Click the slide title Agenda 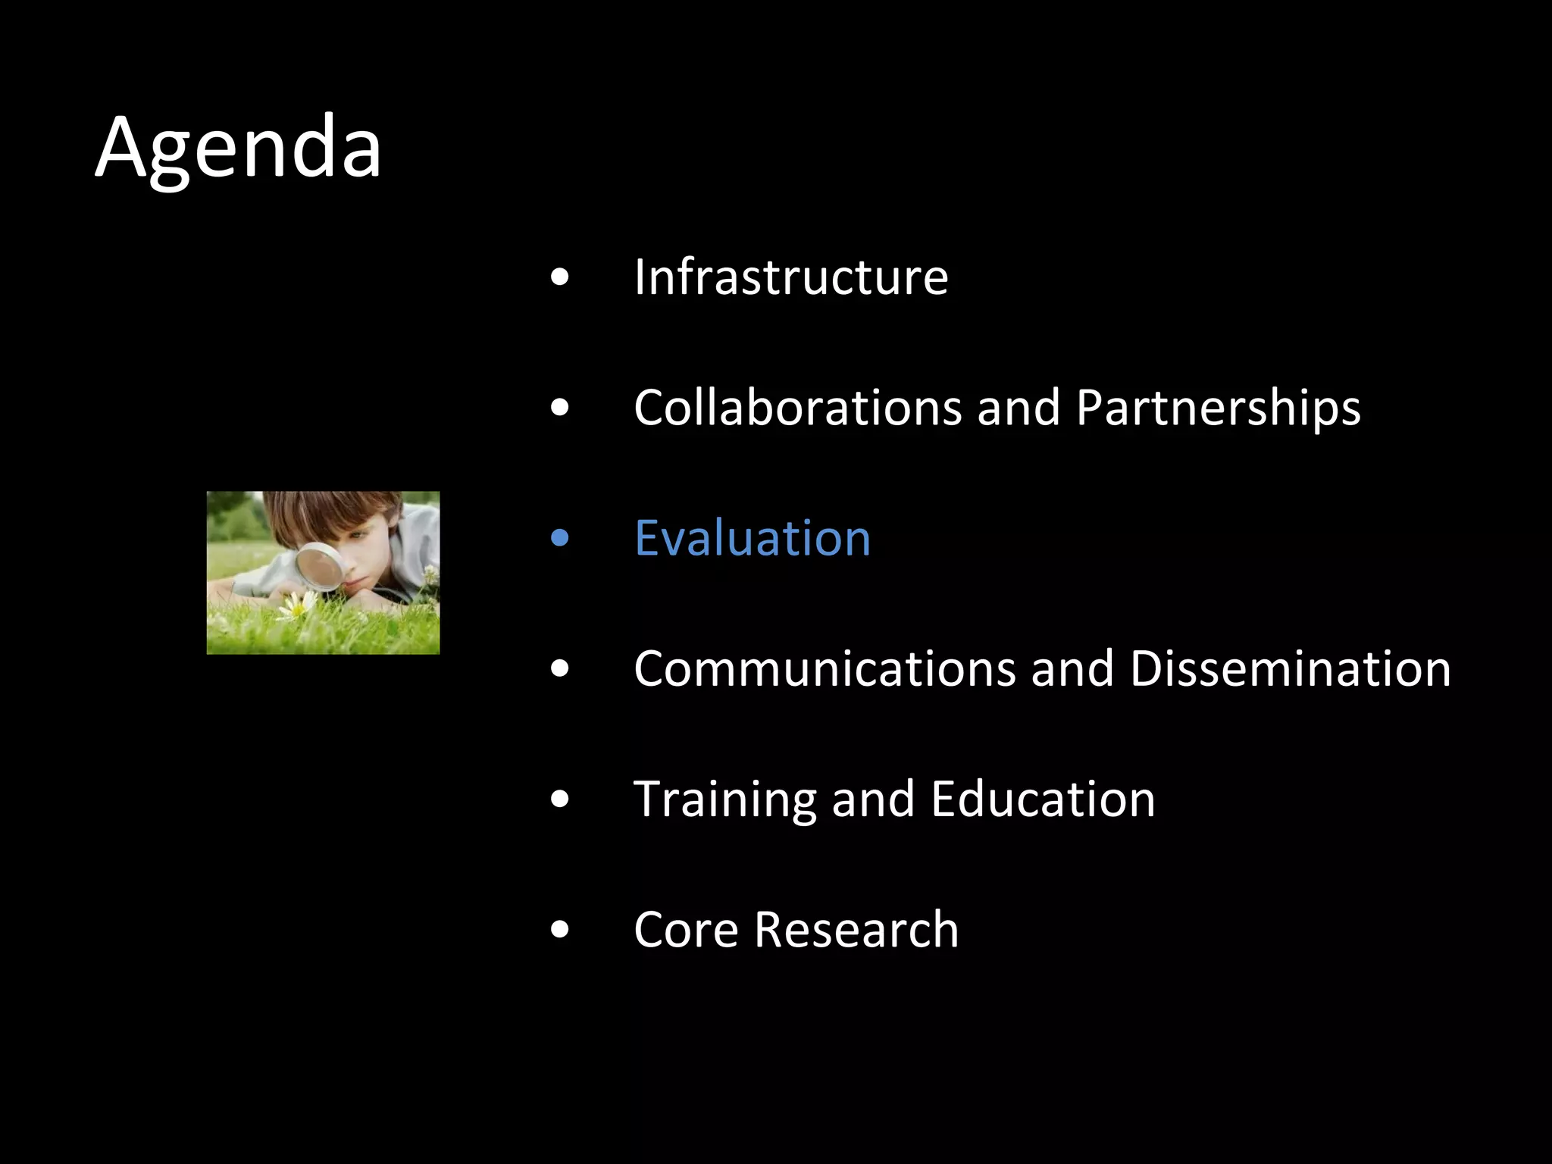(x=238, y=147)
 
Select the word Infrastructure (x=790, y=277)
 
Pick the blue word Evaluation (x=752, y=539)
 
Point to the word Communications (x=824, y=669)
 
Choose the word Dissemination (x=1290, y=669)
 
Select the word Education (x=1043, y=799)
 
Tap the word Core (x=686, y=930)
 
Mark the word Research (x=856, y=930)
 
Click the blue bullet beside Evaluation (x=560, y=538)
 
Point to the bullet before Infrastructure (x=560, y=277)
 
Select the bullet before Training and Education (x=560, y=799)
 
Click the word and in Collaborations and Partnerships (x=1018, y=408)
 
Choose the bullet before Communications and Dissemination (x=560, y=668)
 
